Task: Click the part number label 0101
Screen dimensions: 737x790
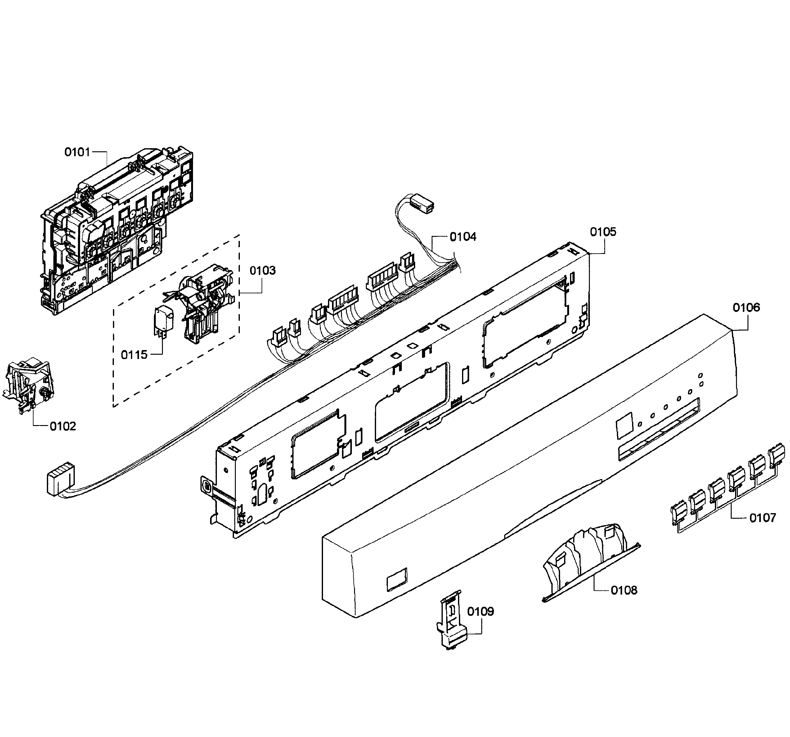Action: click(78, 152)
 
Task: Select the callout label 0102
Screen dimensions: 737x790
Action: click(63, 426)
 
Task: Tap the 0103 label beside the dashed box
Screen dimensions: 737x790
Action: click(262, 270)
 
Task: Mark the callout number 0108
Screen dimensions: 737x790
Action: click(624, 590)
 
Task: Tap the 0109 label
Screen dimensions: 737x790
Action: click(480, 611)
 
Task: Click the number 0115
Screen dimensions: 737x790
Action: click(134, 355)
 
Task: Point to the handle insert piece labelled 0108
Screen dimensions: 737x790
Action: click(588, 560)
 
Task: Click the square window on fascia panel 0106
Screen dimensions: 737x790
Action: click(623, 426)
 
